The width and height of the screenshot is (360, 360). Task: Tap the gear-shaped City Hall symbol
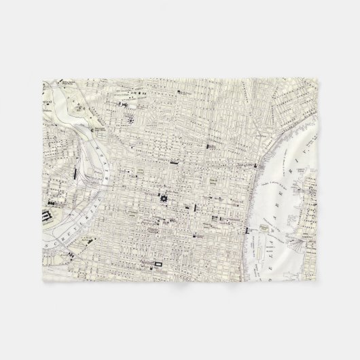click(x=163, y=198)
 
